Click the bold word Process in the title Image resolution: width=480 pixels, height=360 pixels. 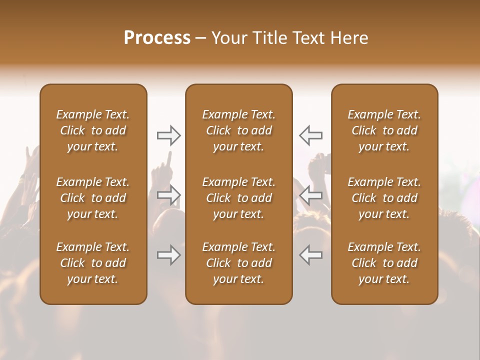(157, 38)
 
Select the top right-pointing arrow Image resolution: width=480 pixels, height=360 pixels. (169, 135)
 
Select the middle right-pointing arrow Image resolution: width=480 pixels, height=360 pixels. (169, 195)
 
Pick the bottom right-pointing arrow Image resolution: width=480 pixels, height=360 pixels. (169, 255)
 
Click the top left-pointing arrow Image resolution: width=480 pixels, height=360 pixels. (310, 135)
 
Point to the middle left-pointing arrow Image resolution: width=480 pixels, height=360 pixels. (310, 195)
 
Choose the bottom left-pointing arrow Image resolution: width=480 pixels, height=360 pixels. (310, 255)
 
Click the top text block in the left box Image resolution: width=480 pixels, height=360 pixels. (93, 130)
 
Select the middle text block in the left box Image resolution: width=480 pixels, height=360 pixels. (93, 198)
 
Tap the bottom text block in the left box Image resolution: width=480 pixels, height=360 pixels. (93, 263)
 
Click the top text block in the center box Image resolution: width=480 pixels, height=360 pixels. (238, 130)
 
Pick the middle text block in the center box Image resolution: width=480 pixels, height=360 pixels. (238, 198)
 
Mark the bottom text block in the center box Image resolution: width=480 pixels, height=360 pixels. (238, 263)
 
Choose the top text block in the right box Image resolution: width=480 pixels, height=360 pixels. (384, 130)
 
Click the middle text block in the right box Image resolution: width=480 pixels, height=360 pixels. (384, 198)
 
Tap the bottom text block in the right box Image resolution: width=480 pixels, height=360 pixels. (384, 263)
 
